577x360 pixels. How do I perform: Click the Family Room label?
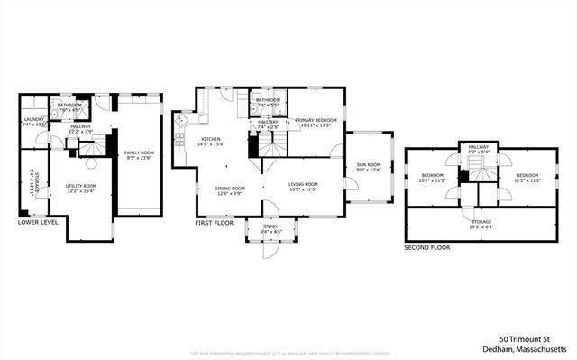(x=139, y=152)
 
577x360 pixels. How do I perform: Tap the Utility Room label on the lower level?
(x=81, y=186)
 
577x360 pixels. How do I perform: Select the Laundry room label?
(x=32, y=118)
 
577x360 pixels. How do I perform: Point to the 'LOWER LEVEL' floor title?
(x=37, y=222)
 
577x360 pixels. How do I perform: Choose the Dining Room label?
(x=228, y=188)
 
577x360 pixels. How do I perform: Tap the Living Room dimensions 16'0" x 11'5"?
(x=302, y=190)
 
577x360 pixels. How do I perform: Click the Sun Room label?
(x=370, y=165)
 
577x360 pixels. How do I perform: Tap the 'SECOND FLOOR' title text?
(x=427, y=246)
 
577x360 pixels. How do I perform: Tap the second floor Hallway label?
(x=477, y=149)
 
